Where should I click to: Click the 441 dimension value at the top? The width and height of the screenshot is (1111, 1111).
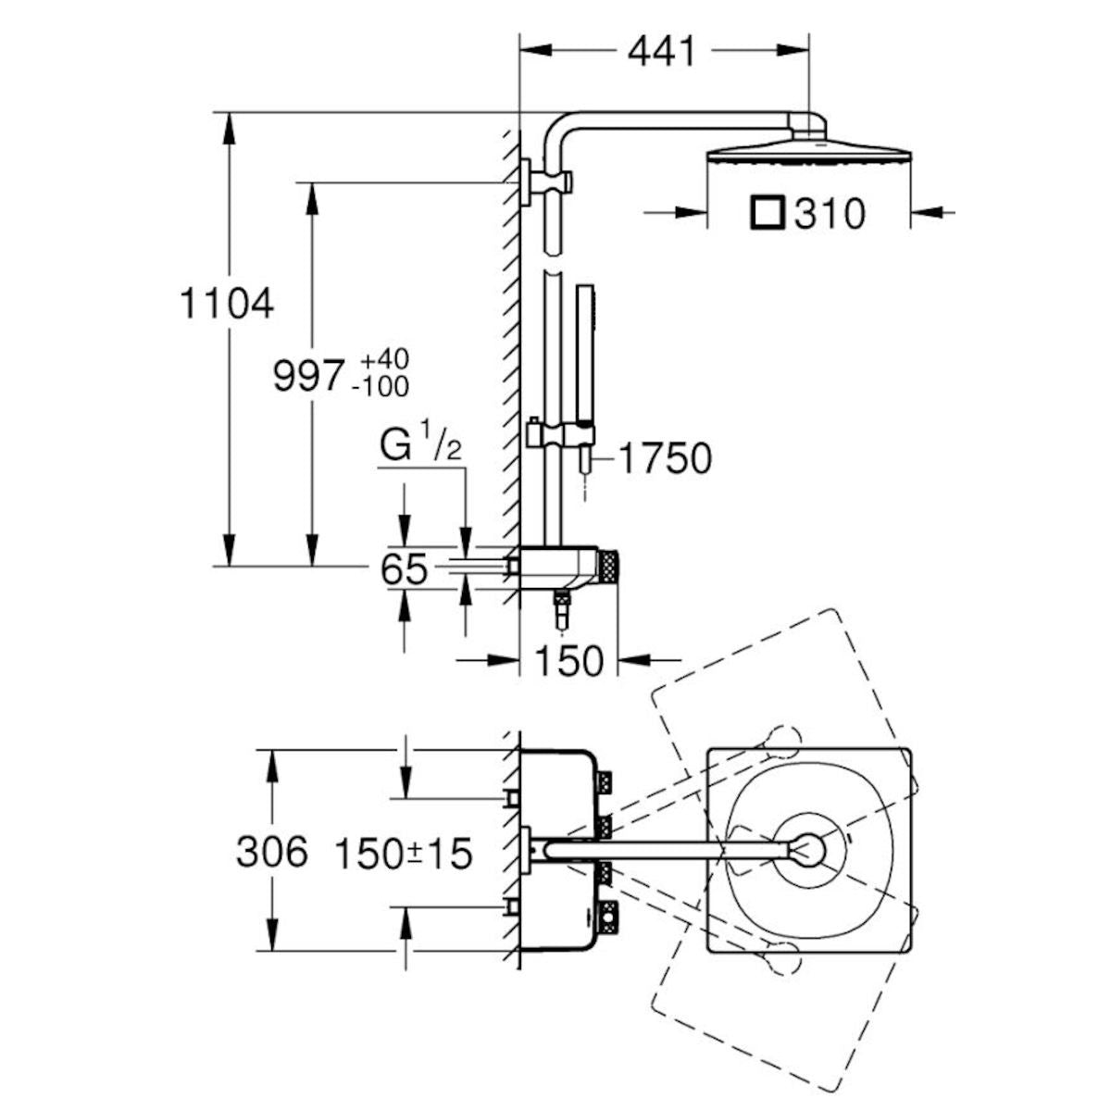click(661, 52)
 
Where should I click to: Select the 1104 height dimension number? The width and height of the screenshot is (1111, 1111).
click(227, 304)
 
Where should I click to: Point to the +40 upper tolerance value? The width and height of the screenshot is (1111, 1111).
click(384, 358)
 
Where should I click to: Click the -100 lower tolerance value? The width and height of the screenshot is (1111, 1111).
click(381, 386)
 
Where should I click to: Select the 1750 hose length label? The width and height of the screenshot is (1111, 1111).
click(665, 458)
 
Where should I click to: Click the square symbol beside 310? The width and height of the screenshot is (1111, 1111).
click(768, 213)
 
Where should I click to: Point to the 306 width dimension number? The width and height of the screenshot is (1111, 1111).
click(272, 852)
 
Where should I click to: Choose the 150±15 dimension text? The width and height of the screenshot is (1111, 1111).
click(403, 854)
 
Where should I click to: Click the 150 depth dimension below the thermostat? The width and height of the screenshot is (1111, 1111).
click(569, 660)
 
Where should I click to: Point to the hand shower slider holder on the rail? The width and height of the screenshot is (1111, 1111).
click(558, 431)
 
